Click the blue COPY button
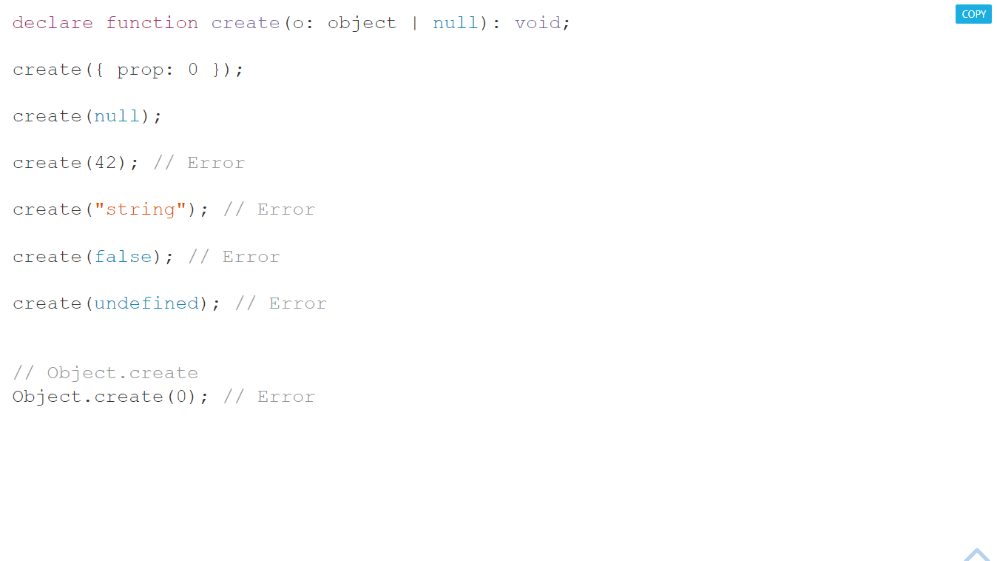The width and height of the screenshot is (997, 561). click(x=973, y=14)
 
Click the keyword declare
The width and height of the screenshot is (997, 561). click(x=53, y=23)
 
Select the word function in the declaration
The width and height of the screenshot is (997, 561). click(x=152, y=23)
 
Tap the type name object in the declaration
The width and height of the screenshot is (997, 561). click(x=362, y=23)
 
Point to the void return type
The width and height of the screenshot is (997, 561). click(x=538, y=23)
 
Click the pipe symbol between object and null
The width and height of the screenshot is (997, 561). click(x=415, y=23)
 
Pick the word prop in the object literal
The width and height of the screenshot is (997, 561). click(x=140, y=70)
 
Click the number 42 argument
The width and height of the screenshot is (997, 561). click(x=105, y=163)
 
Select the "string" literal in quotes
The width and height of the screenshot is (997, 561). click(x=140, y=209)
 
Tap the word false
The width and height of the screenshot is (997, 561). click(x=123, y=257)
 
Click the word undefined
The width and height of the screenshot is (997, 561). click(x=146, y=303)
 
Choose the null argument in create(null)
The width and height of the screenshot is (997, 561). click(x=117, y=116)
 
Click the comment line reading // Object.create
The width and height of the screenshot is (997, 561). click(x=105, y=373)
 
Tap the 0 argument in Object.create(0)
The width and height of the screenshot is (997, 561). click(x=181, y=397)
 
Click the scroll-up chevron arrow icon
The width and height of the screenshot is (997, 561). click(x=976, y=554)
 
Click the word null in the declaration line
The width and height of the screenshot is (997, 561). click(x=456, y=23)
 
